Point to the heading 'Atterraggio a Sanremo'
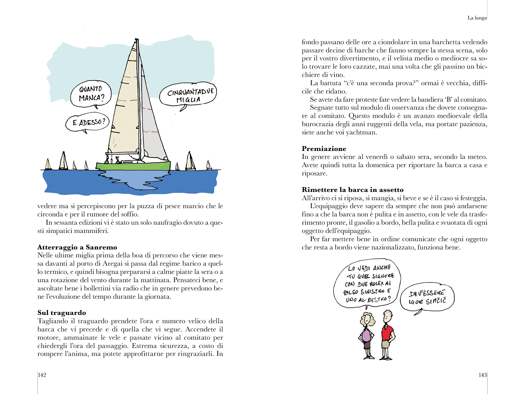[x=77, y=247]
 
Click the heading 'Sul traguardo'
[x=62, y=313]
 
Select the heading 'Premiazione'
[x=324, y=149]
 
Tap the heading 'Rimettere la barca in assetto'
[x=352, y=190]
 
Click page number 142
[x=42, y=375]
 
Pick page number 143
[x=482, y=375]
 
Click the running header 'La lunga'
[x=477, y=18]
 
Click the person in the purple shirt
[x=367, y=335]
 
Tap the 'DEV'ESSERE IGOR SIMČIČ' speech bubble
[x=427, y=297]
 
